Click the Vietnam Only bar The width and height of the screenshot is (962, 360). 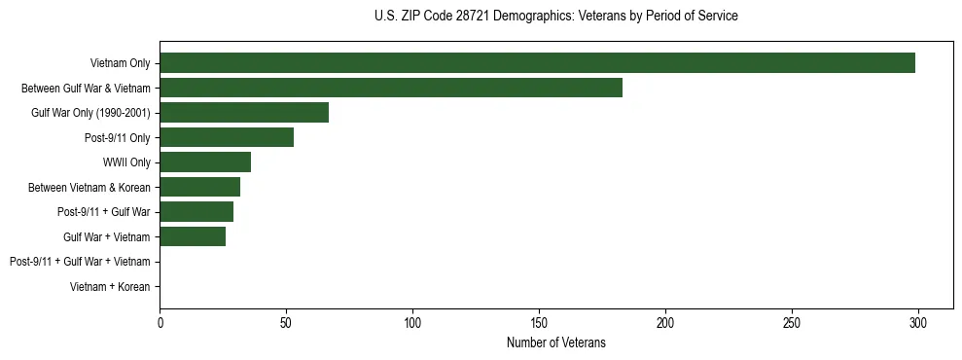(x=537, y=63)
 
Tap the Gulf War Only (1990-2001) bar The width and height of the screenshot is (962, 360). (x=244, y=113)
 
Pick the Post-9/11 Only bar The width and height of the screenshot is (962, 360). (x=227, y=137)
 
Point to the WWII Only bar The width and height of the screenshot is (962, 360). (x=205, y=162)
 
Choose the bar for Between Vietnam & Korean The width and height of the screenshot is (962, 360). (x=199, y=187)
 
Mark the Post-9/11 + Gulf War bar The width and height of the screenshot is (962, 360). (x=196, y=212)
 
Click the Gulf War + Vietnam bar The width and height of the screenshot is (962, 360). (x=193, y=236)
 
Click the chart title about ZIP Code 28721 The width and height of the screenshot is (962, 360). (x=555, y=17)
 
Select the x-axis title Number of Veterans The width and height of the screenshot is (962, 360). (x=555, y=342)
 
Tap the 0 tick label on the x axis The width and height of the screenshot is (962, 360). (x=160, y=322)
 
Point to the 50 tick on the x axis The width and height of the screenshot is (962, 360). (x=286, y=322)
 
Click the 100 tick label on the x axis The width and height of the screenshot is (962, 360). (x=412, y=322)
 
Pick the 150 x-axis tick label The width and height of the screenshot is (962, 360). (x=539, y=322)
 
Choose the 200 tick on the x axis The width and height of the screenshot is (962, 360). (x=665, y=322)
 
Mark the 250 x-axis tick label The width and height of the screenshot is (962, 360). (x=792, y=322)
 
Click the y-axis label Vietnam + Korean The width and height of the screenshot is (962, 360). (x=110, y=287)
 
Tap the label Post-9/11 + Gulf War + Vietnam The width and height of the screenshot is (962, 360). (x=80, y=262)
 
